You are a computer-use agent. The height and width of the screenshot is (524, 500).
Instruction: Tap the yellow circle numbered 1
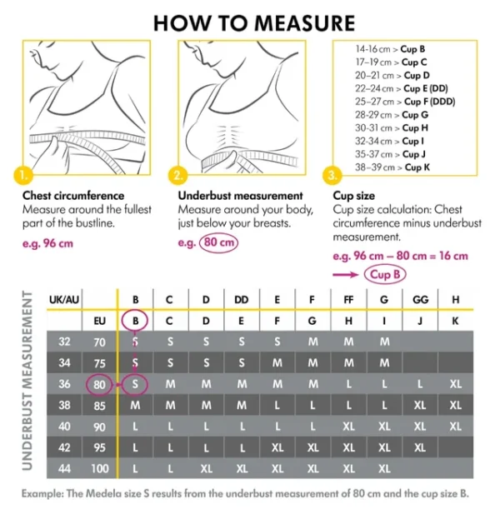[24, 176]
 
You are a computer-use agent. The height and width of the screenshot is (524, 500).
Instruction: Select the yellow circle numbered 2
[178, 176]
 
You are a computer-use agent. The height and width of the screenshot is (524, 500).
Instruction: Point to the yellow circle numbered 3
[334, 176]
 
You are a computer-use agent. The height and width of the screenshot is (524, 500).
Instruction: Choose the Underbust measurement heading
[234, 196]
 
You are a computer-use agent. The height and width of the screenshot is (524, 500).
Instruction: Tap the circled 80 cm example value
[217, 243]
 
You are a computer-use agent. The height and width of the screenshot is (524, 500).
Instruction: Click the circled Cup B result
[386, 274]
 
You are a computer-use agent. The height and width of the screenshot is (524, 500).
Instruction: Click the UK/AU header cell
[64, 299]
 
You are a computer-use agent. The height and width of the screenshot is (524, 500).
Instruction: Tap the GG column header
[420, 299]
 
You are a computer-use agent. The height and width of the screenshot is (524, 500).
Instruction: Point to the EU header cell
[100, 319]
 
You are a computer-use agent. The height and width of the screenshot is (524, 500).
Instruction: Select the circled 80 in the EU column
[100, 384]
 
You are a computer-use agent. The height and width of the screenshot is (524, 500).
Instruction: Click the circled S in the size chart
[135, 384]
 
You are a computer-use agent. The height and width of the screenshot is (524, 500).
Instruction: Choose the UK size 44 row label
[64, 469]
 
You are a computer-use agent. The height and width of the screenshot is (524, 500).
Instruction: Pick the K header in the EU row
[455, 319]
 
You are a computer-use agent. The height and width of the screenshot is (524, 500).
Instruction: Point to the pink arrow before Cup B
[346, 274]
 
